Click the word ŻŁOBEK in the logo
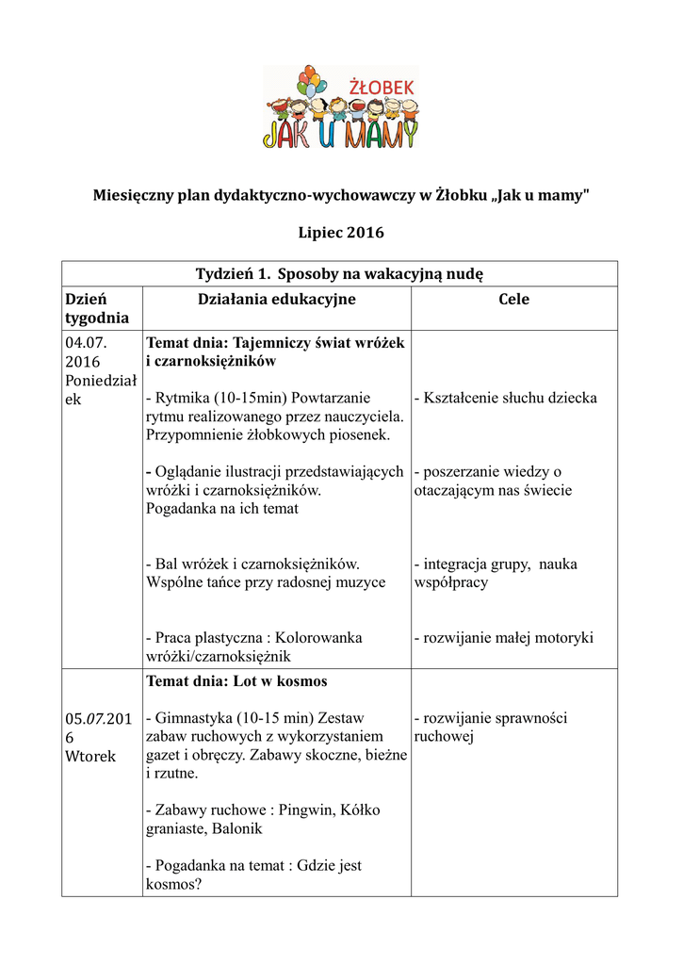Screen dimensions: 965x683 (381, 88)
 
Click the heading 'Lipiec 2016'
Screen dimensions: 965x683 (340, 232)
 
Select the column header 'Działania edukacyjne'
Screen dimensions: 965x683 (276, 300)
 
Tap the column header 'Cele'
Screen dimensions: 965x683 (513, 300)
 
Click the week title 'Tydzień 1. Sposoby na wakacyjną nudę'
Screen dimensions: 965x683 (339, 273)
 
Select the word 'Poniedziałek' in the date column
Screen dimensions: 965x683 (101, 389)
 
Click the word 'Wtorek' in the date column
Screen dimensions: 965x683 (89, 756)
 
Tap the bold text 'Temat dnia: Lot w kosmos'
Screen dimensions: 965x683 (236, 680)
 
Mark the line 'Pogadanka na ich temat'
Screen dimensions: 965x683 (222, 509)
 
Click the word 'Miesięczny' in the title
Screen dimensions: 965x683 (135, 195)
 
